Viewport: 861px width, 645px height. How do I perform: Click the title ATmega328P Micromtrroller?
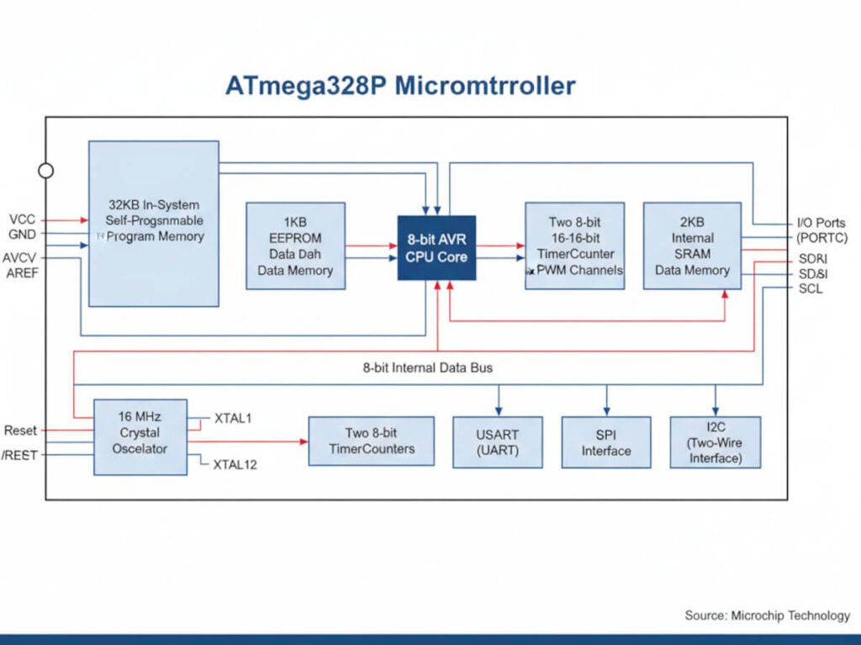tap(399, 86)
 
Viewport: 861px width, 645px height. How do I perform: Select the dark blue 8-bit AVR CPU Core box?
tap(436, 248)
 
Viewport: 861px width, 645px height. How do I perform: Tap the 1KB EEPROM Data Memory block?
tap(295, 246)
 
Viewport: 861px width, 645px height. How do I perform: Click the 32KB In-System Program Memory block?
tap(154, 223)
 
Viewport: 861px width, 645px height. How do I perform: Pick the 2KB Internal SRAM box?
tap(692, 246)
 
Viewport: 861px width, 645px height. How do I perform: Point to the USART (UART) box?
tap(497, 442)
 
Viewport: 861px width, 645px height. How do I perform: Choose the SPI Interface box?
tap(605, 442)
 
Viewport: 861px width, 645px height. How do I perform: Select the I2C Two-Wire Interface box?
tap(715, 442)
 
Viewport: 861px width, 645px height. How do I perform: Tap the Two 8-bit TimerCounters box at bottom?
tap(371, 441)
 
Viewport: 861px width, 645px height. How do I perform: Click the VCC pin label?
tap(22, 219)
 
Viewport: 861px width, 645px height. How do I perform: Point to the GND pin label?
tap(22, 235)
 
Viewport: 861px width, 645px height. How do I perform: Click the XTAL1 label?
tap(233, 418)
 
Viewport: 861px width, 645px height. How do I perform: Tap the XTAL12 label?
tap(235, 464)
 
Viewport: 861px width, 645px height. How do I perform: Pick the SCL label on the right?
tap(811, 289)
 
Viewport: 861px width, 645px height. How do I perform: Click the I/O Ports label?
tap(821, 223)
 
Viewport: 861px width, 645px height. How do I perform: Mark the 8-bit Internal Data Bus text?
tap(428, 367)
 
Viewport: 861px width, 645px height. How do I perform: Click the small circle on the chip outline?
tap(46, 171)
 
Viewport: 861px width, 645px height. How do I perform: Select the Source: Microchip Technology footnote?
tap(767, 616)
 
